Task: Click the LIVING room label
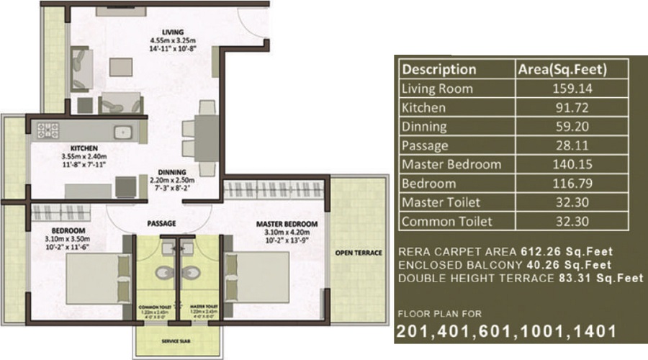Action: pos(173,32)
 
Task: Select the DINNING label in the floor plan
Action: pos(172,171)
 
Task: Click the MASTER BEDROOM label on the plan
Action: pos(287,224)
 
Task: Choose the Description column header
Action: pos(438,70)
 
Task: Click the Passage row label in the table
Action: pos(424,145)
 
